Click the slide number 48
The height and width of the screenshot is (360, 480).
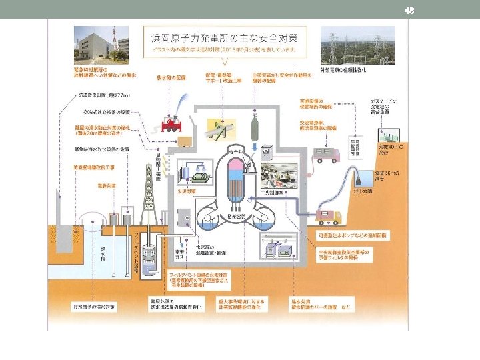(x=410, y=9)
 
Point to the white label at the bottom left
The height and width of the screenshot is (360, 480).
(x=95, y=307)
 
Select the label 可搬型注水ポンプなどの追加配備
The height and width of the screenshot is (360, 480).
(x=344, y=236)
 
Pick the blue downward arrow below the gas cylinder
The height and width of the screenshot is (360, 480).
(x=256, y=149)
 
